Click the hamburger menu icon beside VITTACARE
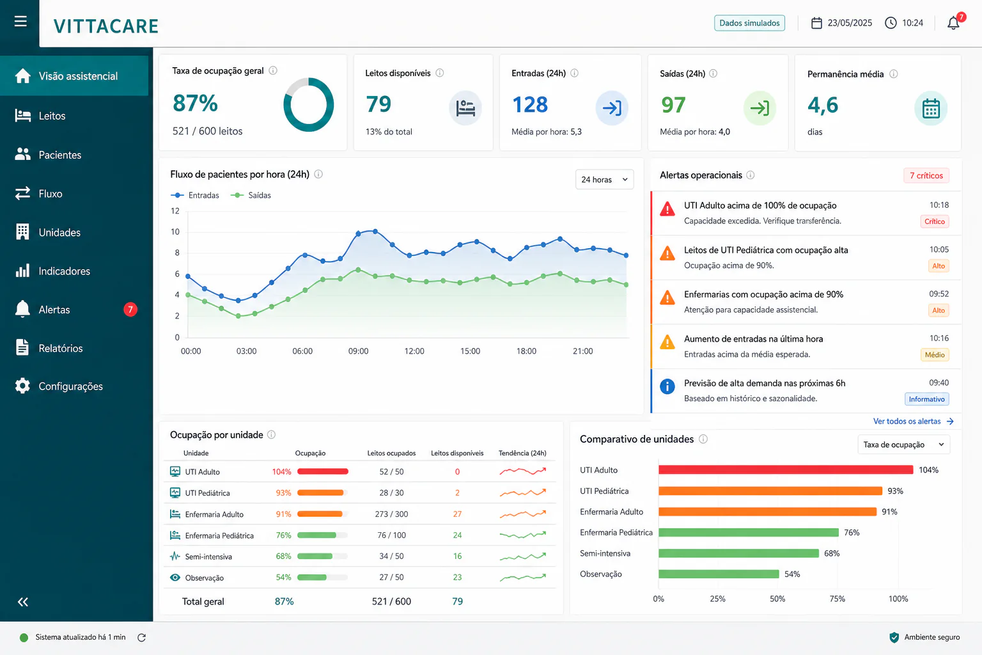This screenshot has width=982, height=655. pyautogui.click(x=20, y=21)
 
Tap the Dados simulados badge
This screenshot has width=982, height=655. pyautogui.click(x=749, y=23)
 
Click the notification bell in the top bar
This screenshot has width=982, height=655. pyautogui.click(x=953, y=23)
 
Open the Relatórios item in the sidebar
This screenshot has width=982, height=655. pyautogui.click(x=61, y=348)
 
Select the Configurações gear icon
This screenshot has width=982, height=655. pyautogui.click(x=22, y=386)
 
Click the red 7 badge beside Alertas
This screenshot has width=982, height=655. pyautogui.click(x=130, y=310)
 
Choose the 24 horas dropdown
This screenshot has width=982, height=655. pyautogui.click(x=604, y=180)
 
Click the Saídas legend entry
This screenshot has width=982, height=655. pyautogui.click(x=251, y=195)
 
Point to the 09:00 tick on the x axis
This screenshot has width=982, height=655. pyautogui.click(x=358, y=351)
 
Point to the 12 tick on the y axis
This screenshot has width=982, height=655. pyautogui.click(x=175, y=211)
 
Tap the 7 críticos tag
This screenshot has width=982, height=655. pyautogui.click(x=926, y=175)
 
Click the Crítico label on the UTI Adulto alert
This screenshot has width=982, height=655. pyautogui.click(x=934, y=221)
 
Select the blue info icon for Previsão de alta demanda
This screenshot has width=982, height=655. pyautogui.click(x=667, y=386)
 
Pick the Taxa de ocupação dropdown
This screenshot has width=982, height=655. pyautogui.click(x=903, y=445)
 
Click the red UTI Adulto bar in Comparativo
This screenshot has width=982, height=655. pyautogui.click(x=786, y=470)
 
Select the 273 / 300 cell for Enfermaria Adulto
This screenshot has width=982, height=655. pyautogui.click(x=391, y=514)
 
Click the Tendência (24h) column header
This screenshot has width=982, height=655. pyautogui.click(x=522, y=453)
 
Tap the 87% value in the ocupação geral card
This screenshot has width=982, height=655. pyautogui.click(x=195, y=103)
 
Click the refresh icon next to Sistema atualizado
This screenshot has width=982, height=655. pyautogui.click(x=141, y=638)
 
